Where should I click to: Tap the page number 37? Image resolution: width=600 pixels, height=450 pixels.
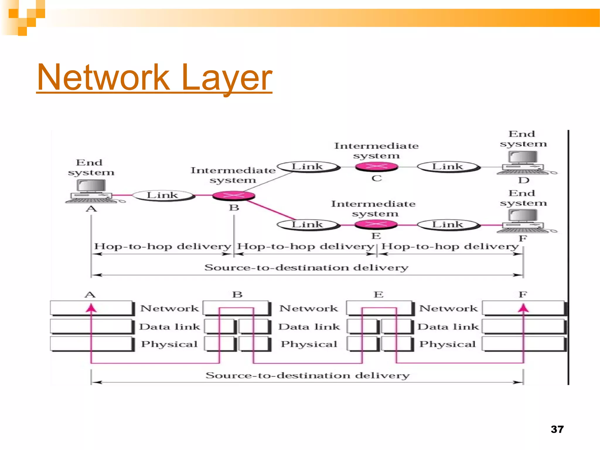pos(557,429)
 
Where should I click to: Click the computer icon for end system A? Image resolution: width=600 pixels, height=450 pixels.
pos(91,191)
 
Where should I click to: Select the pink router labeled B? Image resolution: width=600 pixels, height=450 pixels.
pos(233,195)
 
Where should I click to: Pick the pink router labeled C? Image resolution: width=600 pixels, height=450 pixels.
pos(376,167)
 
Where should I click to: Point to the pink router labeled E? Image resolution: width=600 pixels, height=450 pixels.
pos(376,225)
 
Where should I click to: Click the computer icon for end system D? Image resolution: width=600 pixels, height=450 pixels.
pos(523,163)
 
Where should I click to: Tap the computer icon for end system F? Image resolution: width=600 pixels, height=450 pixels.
pos(523,221)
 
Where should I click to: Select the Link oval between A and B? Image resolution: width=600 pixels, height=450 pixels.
pos(163,195)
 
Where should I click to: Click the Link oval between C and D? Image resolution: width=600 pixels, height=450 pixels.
pos(448,167)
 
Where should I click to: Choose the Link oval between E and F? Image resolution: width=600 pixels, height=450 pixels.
pos(448,225)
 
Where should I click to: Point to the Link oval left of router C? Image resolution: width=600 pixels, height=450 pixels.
pos(308,167)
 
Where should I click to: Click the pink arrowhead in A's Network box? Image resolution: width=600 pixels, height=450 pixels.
pos(91,308)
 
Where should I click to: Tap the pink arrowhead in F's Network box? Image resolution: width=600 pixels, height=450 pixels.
pos(523,308)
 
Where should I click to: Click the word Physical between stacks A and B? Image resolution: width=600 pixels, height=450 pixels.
pos(169,344)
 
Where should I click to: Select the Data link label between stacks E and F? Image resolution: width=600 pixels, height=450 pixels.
pos(448,326)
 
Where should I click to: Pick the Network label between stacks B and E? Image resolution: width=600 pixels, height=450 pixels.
pos(308,308)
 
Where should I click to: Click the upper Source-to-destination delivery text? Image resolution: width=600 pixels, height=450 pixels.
pos(306,267)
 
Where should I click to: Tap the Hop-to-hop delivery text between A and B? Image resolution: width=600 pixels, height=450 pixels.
pos(163,246)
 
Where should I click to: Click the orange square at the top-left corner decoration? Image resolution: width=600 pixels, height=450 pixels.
pos(13,13)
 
